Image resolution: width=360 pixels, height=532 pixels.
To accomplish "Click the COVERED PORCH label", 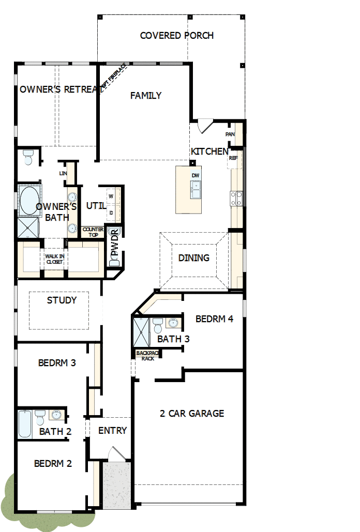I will (x=177, y=36).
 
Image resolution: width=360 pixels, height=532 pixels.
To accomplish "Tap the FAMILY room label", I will (x=146, y=96).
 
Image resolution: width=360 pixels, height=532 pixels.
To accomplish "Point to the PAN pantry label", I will (x=230, y=134).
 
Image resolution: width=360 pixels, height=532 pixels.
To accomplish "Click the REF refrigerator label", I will (x=233, y=158).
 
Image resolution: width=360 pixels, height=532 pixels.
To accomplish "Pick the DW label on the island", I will (x=196, y=176).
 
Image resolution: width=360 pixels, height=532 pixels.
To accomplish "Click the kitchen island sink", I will (x=196, y=190).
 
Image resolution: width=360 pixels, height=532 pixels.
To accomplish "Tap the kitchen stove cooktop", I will (x=236, y=198).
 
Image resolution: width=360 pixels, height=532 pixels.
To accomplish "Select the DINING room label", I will (x=194, y=258).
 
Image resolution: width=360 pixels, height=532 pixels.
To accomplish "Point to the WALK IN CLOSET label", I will (x=54, y=259).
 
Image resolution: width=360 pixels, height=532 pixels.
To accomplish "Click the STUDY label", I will (x=62, y=300).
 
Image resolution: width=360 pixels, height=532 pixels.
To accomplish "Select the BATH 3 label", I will (x=173, y=339).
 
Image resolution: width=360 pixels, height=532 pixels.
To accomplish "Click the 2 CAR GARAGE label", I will (x=192, y=414).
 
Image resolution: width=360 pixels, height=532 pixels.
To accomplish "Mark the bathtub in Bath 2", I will (x=25, y=424).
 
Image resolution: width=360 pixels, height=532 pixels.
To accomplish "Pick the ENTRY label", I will (x=112, y=431).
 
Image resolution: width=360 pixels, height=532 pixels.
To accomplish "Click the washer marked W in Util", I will (x=112, y=196).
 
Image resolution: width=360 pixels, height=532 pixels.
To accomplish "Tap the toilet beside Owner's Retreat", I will (x=28, y=157).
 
